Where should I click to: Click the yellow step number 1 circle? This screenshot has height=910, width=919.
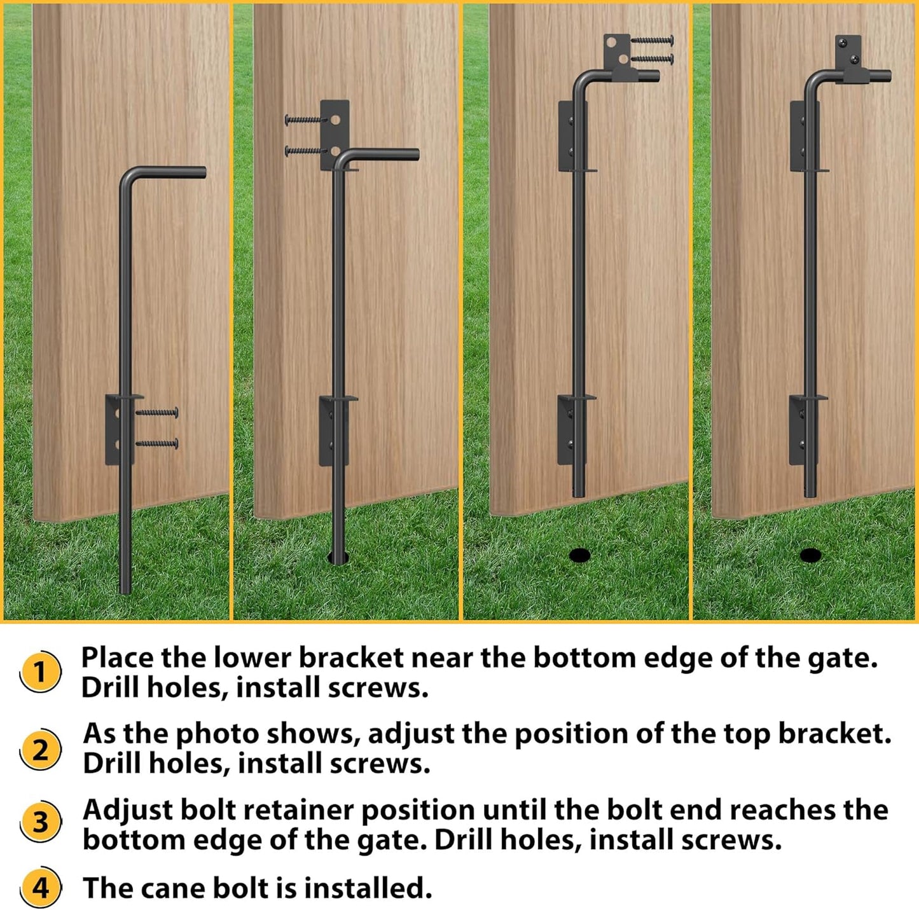pyautogui.click(x=40, y=672)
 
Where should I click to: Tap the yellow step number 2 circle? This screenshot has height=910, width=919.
pyautogui.click(x=40, y=749)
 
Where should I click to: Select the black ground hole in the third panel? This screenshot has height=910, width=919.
pyautogui.click(x=579, y=555)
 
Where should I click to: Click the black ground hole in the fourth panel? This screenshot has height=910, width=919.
pyautogui.click(x=810, y=555)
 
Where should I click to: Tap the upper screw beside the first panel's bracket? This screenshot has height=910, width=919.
pyautogui.click(x=156, y=413)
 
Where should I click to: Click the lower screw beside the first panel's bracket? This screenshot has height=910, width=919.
pyautogui.click(x=156, y=443)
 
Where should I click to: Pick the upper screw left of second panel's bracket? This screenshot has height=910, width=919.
pyautogui.click(x=305, y=119)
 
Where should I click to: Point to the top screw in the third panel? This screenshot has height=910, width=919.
pyautogui.click(x=651, y=41)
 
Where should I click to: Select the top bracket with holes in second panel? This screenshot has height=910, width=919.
pyautogui.click(x=335, y=134)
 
